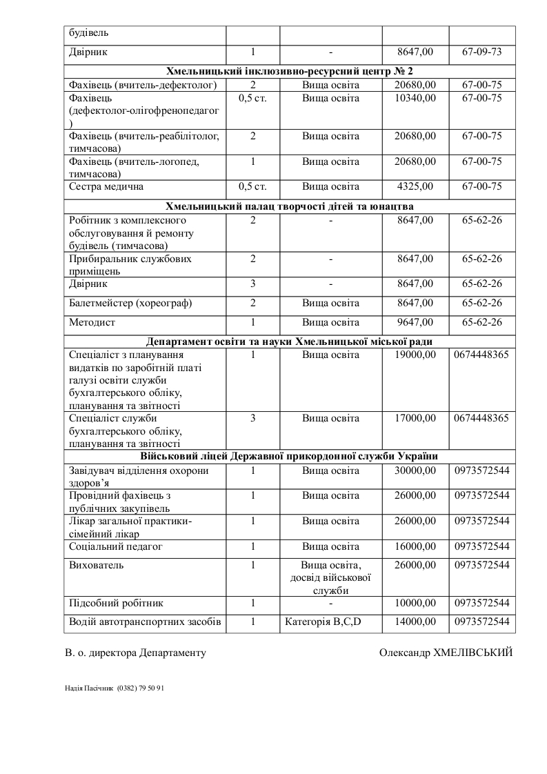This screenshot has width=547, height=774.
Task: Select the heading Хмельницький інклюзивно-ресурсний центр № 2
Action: (290, 71)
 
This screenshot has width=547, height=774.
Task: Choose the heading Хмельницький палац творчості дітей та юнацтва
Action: (290, 206)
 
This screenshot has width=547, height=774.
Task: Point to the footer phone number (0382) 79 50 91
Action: (141, 688)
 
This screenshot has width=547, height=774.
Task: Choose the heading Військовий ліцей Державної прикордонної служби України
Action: (290, 457)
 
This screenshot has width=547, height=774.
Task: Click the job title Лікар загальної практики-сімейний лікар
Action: (131, 528)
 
